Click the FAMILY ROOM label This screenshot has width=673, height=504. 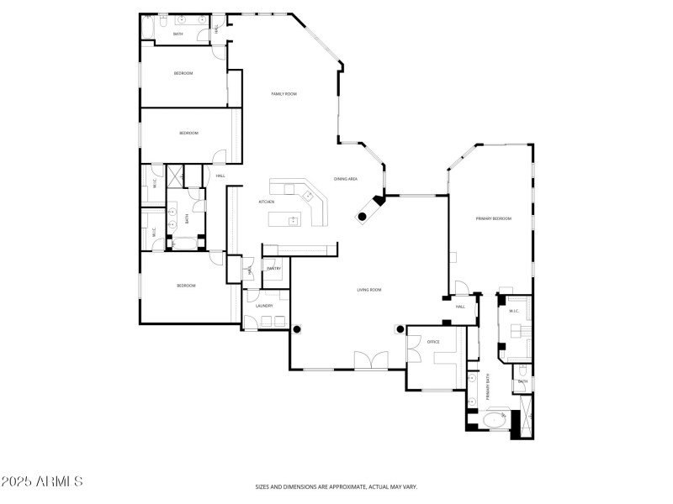284,94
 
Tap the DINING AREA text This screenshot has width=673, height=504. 347,179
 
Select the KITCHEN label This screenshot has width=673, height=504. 267,202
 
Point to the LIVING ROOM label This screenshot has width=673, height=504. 369,290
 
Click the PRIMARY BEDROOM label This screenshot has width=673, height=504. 494,218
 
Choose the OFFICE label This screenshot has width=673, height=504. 434,342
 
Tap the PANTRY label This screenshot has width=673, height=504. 273,268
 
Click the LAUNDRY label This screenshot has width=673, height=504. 265,306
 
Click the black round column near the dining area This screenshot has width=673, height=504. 362,217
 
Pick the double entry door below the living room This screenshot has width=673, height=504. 371,361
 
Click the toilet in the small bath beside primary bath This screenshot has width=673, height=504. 522,370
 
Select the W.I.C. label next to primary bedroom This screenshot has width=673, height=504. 514,312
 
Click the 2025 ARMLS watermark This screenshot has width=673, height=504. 42,482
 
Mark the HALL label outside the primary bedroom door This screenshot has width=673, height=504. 460,307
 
